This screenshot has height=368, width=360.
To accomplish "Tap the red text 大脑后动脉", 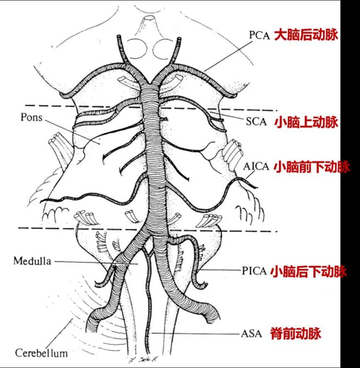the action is coord(306,35).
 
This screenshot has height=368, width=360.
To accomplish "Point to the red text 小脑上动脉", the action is coord(306,123).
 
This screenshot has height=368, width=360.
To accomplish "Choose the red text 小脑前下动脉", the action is coord(311,167).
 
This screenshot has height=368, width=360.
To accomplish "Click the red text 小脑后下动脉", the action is coord(308,271).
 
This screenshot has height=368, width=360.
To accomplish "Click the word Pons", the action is coord(32,117).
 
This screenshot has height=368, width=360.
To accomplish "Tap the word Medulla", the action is coord(32,261).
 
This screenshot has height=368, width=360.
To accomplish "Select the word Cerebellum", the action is coord(41,353).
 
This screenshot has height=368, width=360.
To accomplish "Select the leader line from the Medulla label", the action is coord(95,261).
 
